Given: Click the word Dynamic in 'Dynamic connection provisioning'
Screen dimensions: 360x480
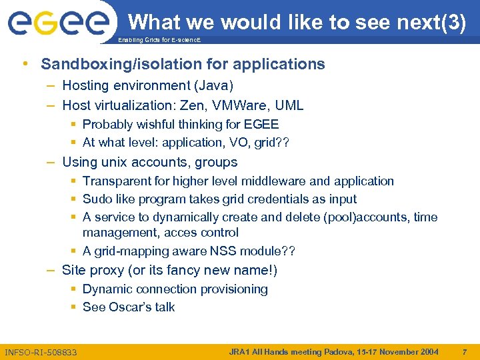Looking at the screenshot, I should tap(107, 289).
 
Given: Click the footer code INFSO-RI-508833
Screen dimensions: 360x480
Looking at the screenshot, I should tap(41, 352).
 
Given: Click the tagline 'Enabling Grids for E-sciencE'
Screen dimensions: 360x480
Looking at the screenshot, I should tap(159, 41).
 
